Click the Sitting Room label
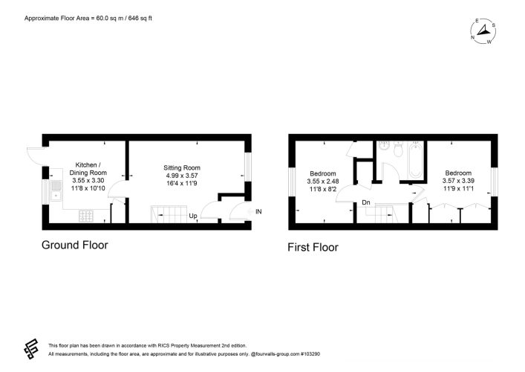182,167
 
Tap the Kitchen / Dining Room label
88,169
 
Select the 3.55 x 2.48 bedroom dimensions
323,182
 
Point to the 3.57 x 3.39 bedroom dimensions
458,181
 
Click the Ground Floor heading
75,245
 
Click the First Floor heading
313,247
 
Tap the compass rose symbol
483,31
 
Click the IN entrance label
258,211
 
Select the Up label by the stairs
193,216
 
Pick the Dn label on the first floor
366,202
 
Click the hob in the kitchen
86,216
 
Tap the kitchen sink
56,190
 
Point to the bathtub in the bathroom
416,161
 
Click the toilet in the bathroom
398,149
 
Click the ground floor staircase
169,214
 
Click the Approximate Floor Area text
88,18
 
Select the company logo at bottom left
30,349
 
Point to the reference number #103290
310,354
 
